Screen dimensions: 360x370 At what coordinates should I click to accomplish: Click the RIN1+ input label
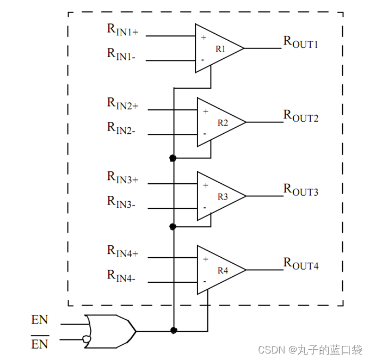122,29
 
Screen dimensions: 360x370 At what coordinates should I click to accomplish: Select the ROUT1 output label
300,42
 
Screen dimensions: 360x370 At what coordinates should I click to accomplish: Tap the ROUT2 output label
300,116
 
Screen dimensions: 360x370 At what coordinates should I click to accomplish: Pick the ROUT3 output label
300,190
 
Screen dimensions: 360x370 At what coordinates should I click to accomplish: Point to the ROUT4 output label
300,264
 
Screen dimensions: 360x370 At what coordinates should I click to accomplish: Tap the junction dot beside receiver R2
173,158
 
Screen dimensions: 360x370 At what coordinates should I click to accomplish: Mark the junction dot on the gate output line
173,330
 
